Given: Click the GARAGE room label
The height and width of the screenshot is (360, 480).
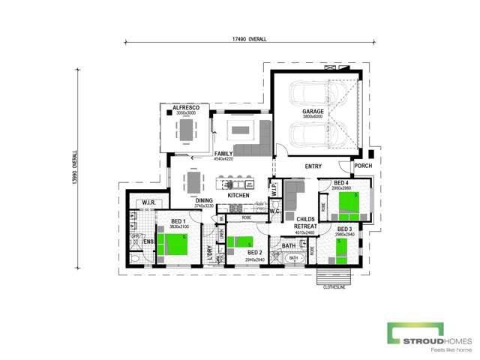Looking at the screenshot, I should pos(313,110).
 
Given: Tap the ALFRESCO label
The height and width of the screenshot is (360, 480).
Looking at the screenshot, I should pos(185,108).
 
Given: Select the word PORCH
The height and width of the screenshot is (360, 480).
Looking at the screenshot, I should pos(363,166).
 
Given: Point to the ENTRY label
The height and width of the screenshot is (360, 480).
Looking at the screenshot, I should pos(313,166).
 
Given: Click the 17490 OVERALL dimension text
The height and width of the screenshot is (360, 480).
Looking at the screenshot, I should pos(250,38).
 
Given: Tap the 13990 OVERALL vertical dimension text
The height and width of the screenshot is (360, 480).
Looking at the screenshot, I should pos(76,166).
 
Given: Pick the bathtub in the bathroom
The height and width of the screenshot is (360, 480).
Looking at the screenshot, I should pos(292,258).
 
